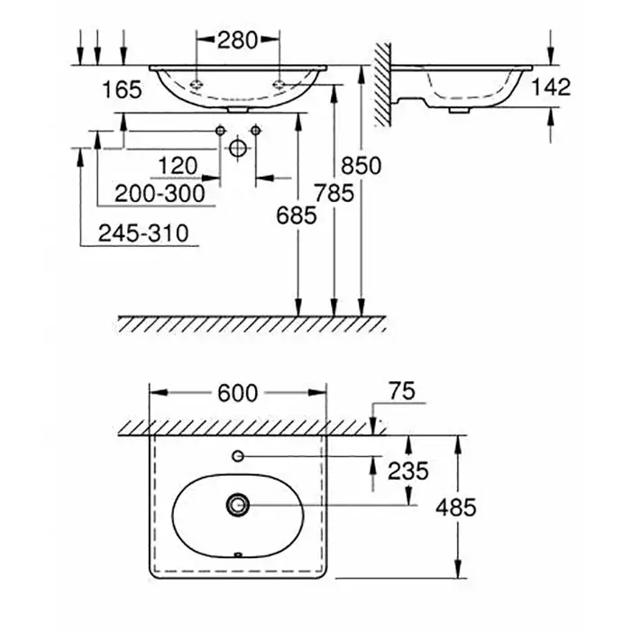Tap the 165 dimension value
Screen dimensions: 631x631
(x=123, y=89)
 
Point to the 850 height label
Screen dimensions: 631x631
(x=361, y=167)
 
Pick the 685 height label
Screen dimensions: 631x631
(x=297, y=215)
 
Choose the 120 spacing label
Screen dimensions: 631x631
(x=177, y=167)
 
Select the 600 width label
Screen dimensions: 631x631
(x=237, y=392)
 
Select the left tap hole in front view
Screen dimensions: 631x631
(x=197, y=84)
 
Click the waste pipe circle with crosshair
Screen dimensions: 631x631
(x=237, y=146)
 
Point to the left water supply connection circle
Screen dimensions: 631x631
(x=219, y=132)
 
